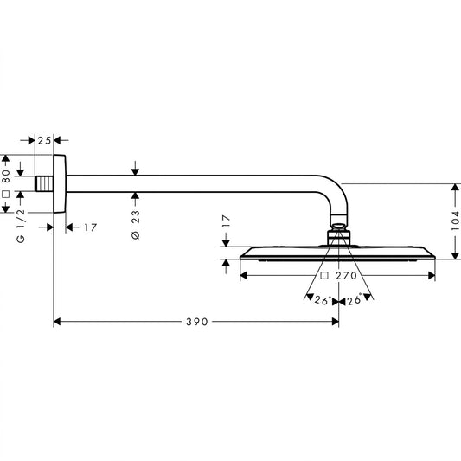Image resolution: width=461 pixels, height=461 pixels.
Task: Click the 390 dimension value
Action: click(197, 322)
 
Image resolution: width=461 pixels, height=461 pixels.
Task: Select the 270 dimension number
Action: click(346, 276)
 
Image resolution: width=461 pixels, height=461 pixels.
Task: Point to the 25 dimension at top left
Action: click(44, 140)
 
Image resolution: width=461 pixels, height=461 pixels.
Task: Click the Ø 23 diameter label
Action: click(136, 224)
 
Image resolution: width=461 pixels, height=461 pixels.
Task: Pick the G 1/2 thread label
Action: click(21, 227)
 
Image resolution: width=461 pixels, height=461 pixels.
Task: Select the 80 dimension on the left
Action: click(6, 176)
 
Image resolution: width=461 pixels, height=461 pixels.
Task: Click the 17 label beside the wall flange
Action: click(90, 227)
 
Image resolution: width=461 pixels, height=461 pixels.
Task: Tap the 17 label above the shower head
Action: click(226, 221)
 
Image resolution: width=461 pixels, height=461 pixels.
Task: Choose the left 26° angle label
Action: click(323, 300)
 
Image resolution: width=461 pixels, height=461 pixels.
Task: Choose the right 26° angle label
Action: click(355, 300)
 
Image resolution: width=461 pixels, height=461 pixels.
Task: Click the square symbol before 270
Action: click(324, 276)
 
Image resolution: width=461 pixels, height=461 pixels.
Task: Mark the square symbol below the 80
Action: click(6, 194)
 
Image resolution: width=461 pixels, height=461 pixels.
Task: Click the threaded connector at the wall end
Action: click(44, 183)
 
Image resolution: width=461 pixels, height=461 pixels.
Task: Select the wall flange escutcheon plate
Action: click(60, 183)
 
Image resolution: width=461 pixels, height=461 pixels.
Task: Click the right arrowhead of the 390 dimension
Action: click(336, 322)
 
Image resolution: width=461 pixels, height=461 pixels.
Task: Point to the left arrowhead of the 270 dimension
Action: click(244, 276)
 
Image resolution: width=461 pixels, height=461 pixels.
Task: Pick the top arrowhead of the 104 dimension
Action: click(455, 188)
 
